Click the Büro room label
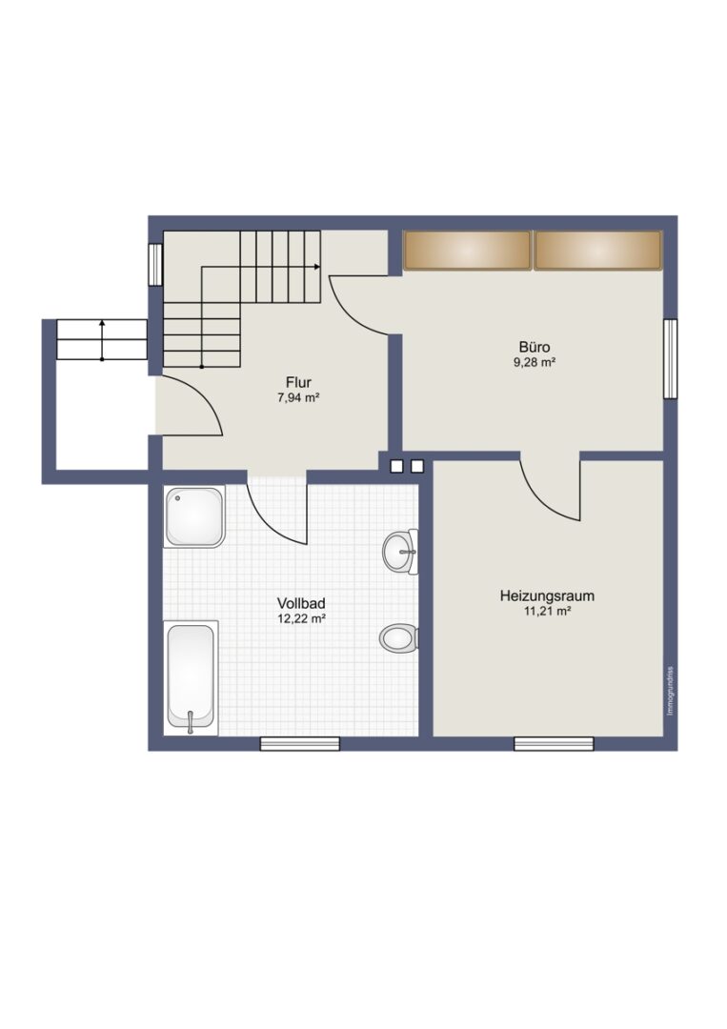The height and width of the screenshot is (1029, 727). click(x=535, y=347)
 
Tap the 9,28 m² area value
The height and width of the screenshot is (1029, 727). click(x=535, y=362)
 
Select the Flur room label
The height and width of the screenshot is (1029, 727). click(x=298, y=382)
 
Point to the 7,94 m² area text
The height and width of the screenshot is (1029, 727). click(x=298, y=397)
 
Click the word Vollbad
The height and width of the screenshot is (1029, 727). click(x=301, y=603)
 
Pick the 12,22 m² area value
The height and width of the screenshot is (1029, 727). click(x=301, y=618)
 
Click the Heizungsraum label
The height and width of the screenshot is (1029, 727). click(x=547, y=595)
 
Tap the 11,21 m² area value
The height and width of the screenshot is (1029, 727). click(x=547, y=611)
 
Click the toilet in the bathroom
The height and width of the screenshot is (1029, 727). click(x=399, y=637)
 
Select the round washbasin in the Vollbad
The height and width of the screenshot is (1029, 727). click(x=400, y=552)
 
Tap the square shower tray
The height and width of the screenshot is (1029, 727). click(x=195, y=516)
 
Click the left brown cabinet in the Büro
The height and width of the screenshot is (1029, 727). click(x=467, y=250)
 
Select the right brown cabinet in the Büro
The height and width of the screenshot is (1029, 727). click(x=597, y=250)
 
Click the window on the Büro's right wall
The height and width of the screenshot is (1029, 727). click(x=670, y=358)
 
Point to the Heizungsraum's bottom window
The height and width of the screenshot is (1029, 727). click(x=554, y=743)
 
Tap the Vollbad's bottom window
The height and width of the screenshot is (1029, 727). click(x=300, y=743)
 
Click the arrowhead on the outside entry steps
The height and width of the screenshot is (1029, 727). click(x=102, y=322)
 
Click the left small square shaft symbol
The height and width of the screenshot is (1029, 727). click(x=396, y=466)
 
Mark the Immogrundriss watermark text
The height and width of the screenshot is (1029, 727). click(x=670, y=691)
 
